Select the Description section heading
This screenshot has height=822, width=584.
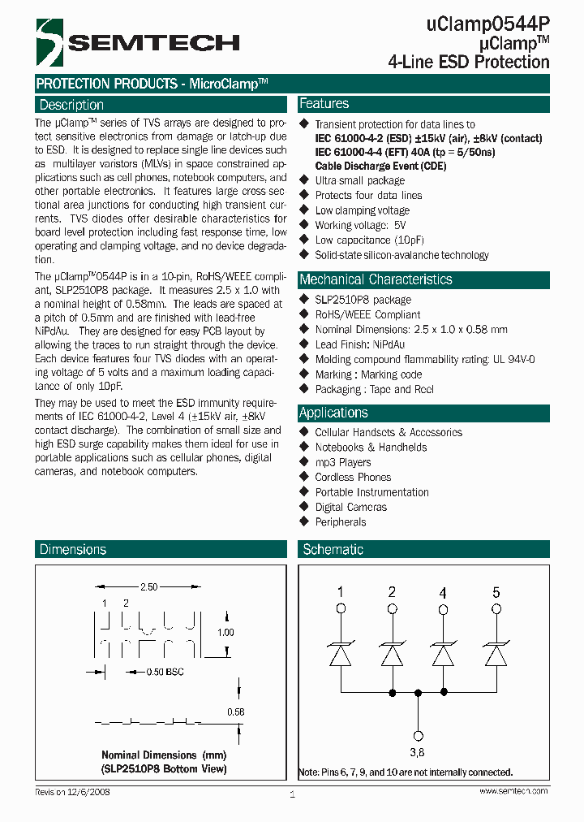click(x=71, y=105)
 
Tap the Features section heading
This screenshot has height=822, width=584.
click(x=324, y=104)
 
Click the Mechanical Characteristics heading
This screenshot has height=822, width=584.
click(x=376, y=279)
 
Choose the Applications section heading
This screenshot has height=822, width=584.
click(x=333, y=413)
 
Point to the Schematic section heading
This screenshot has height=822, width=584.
click(x=333, y=550)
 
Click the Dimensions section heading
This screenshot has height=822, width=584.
click(x=73, y=550)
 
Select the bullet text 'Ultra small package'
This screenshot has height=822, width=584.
click(x=359, y=180)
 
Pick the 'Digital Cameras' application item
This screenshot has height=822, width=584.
click(x=350, y=507)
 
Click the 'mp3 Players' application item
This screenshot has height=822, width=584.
click(x=342, y=462)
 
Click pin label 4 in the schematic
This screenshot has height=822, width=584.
click(x=443, y=592)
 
